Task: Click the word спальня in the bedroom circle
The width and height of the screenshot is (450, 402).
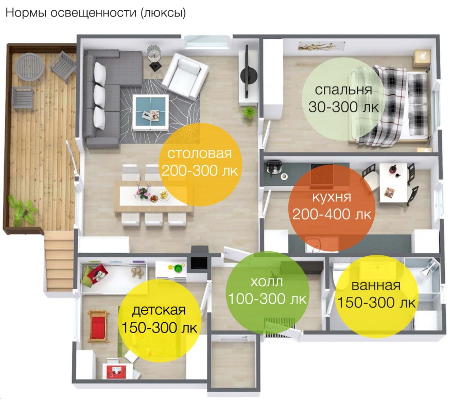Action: click(343, 90)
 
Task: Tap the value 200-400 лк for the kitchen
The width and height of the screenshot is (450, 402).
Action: click(332, 214)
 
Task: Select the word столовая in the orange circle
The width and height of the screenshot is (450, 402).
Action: click(199, 153)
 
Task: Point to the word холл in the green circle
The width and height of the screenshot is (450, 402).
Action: click(267, 282)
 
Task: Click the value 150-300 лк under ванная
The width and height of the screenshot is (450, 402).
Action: click(376, 303)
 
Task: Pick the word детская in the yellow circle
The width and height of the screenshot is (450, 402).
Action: click(159, 310)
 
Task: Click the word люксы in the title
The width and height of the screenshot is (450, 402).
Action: click(163, 13)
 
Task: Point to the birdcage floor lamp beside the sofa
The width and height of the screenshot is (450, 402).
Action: click(154, 57)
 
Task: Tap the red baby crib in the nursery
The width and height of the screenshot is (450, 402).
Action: click(98, 326)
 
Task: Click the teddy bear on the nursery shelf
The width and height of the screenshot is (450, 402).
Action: click(136, 272)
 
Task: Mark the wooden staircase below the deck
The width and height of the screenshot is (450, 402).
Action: click(59, 261)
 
